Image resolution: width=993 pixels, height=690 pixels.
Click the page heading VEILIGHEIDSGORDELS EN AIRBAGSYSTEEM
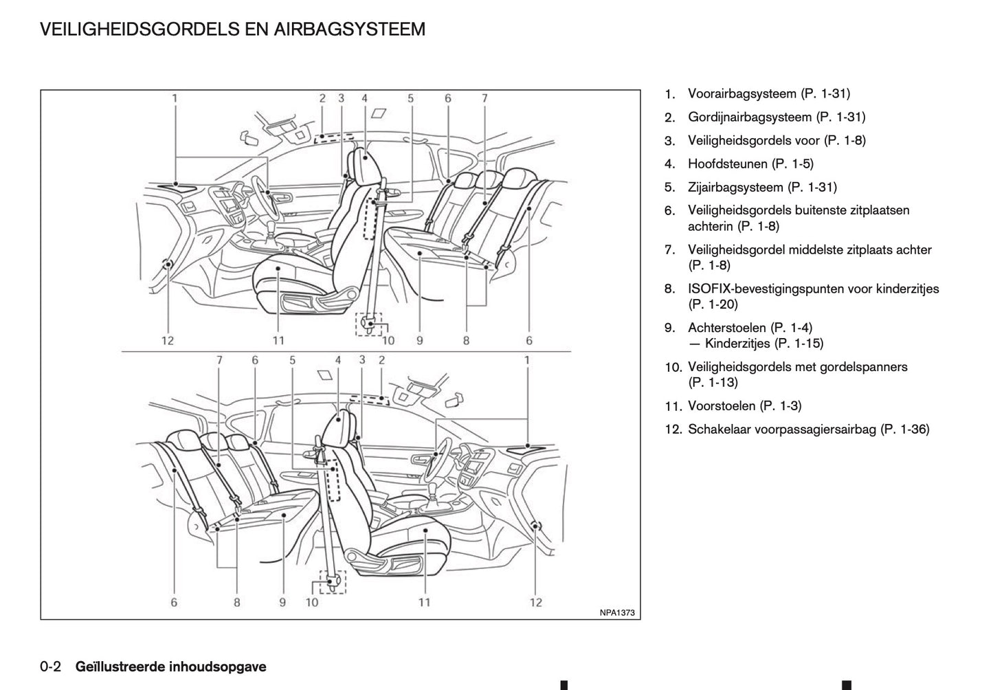coord(232,30)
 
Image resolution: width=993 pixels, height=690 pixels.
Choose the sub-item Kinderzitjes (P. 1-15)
coord(763,344)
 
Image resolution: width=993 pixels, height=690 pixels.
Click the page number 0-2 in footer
coord(51,667)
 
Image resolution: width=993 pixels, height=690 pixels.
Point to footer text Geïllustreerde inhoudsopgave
coord(170,667)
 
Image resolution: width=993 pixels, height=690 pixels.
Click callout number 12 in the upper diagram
coord(167,340)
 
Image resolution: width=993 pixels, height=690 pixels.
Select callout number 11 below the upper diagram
coord(278,340)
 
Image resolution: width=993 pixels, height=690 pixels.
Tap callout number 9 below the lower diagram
coord(282,603)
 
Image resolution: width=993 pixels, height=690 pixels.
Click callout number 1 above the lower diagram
coord(527,360)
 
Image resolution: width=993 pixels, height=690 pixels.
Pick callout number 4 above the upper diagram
coord(364,98)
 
